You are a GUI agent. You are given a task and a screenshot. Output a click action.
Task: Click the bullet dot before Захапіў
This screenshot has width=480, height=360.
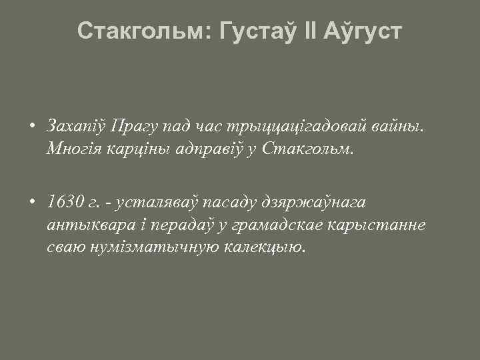pyautogui.click(x=32, y=126)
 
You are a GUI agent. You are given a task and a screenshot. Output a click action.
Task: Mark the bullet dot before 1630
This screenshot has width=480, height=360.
pyautogui.click(x=32, y=201)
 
